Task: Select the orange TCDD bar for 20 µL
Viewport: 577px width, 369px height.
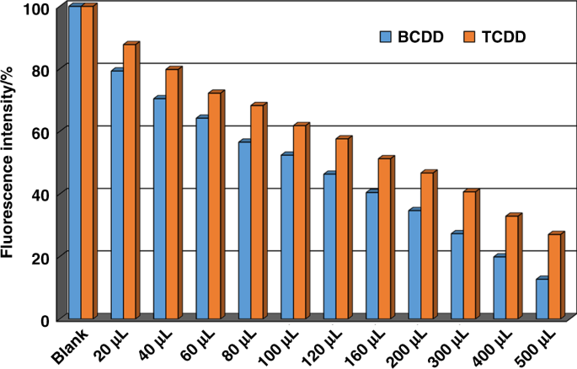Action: coord(129,182)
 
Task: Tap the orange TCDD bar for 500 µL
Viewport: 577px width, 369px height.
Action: coord(553,276)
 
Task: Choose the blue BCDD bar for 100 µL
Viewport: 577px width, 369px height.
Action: coord(286,237)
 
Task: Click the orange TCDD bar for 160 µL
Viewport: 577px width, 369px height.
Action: coord(384,238)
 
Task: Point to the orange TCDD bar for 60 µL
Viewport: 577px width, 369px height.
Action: coord(214,206)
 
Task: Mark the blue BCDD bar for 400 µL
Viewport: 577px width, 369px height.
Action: coord(500,287)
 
